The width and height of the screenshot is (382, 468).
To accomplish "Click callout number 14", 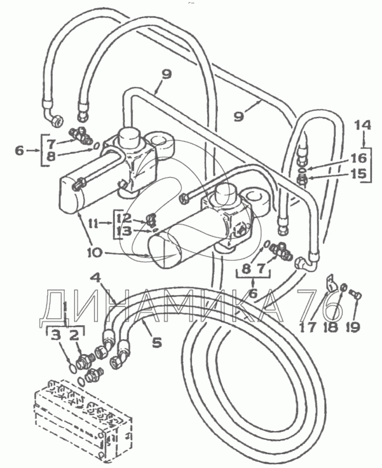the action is pos(363,126).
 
